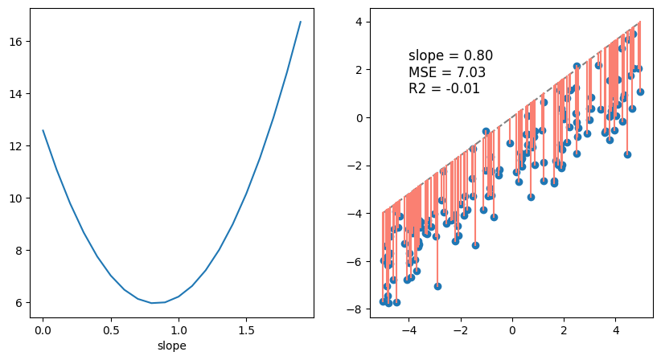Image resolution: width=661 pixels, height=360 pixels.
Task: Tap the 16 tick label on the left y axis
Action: [21, 42]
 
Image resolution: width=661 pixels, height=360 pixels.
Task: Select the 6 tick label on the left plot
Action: [24, 303]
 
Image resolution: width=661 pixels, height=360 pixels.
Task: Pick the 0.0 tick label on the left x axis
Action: [43, 329]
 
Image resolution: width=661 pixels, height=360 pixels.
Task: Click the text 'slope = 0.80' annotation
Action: [450, 55]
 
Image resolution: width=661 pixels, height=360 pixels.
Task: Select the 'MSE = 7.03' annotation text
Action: [446, 72]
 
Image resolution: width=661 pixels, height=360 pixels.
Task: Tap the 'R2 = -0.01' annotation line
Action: [444, 88]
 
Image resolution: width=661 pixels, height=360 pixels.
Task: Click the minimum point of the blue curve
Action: [151, 303]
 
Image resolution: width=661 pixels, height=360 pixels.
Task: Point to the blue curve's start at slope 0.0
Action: [43, 130]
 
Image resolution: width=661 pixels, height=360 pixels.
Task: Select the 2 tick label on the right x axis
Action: [564, 329]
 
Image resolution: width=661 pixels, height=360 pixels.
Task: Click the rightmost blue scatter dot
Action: [640, 92]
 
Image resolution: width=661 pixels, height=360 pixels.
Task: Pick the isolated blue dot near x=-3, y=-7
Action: [437, 286]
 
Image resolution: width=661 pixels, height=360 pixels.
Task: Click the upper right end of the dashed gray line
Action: [640, 22]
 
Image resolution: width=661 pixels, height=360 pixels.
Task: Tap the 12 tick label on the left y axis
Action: [21, 146]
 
